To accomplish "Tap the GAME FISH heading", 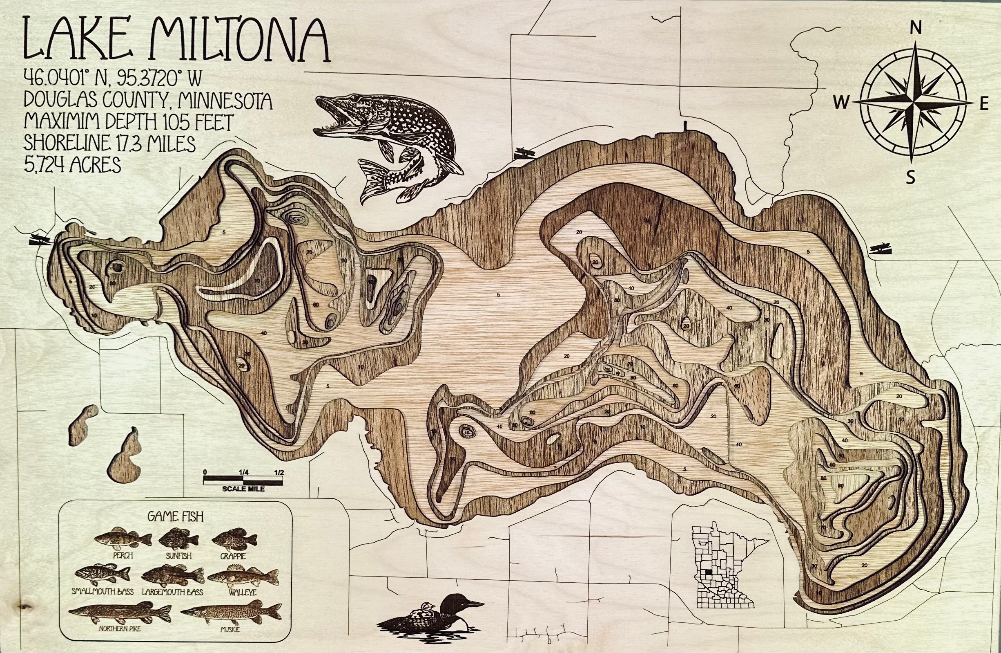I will point(175,516).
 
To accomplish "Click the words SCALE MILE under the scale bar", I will point(244,489).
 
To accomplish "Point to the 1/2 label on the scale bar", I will point(279,471).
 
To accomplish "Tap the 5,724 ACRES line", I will point(72,165).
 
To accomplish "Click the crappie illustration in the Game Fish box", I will point(234,539).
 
